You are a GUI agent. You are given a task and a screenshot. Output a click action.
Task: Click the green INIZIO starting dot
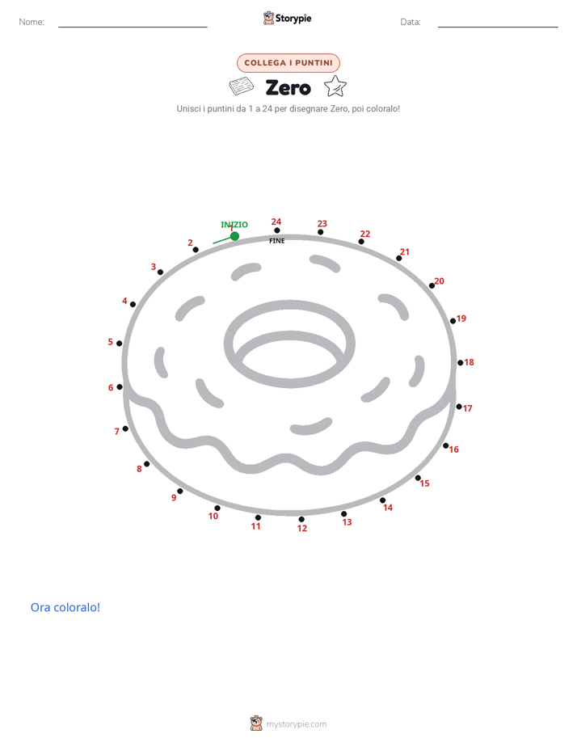(x=234, y=236)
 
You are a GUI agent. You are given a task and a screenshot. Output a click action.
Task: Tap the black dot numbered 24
(x=277, y=230)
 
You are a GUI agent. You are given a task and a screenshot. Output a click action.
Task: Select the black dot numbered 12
(x=301, y=519)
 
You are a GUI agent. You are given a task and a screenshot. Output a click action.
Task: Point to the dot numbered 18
(x=461, y=363)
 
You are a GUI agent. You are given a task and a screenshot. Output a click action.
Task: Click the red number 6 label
(x=111, y=388)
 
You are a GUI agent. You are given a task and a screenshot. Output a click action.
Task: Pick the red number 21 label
(x=405, y=251)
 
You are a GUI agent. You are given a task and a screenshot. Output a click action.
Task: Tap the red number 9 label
(x=174, y=498)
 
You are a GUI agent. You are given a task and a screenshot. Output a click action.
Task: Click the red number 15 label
(x=424, y=483)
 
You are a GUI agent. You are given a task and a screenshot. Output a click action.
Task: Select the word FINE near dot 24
(x=277, y=241)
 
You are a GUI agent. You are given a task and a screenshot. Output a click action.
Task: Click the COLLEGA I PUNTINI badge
(x=288, y=63)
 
